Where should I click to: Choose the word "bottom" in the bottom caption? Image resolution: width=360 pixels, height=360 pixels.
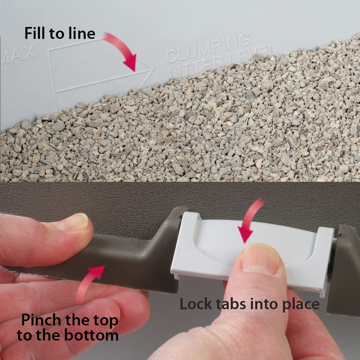point(91,335)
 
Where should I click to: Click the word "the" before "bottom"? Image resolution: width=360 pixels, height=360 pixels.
point(49,335)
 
